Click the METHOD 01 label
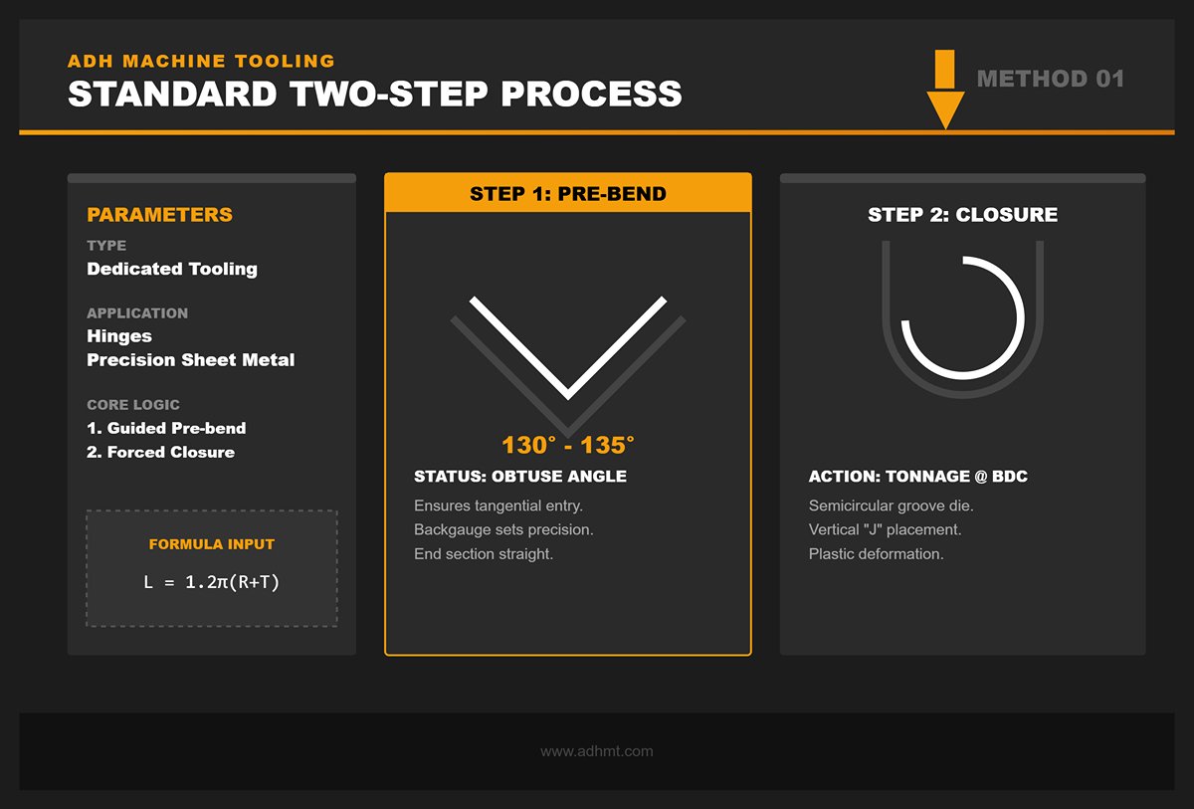(1051, 79)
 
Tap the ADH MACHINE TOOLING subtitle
(201, 61)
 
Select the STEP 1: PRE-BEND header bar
(568, 194)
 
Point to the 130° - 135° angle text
(568, 444)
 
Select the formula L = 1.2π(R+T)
(212, 582)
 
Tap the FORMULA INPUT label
(212, 544)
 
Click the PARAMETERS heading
(159, 215)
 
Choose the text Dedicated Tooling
(172, 269)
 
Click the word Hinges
(118, 336)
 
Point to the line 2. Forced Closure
(161, 452)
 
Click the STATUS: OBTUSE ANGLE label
(520, 477)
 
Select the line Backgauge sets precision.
(503, 529)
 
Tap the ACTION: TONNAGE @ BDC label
(917, 477)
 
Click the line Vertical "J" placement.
(885, 529)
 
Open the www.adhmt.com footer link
(597, 751)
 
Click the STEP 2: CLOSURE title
(962, 215)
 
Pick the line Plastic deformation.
(876, 553)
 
